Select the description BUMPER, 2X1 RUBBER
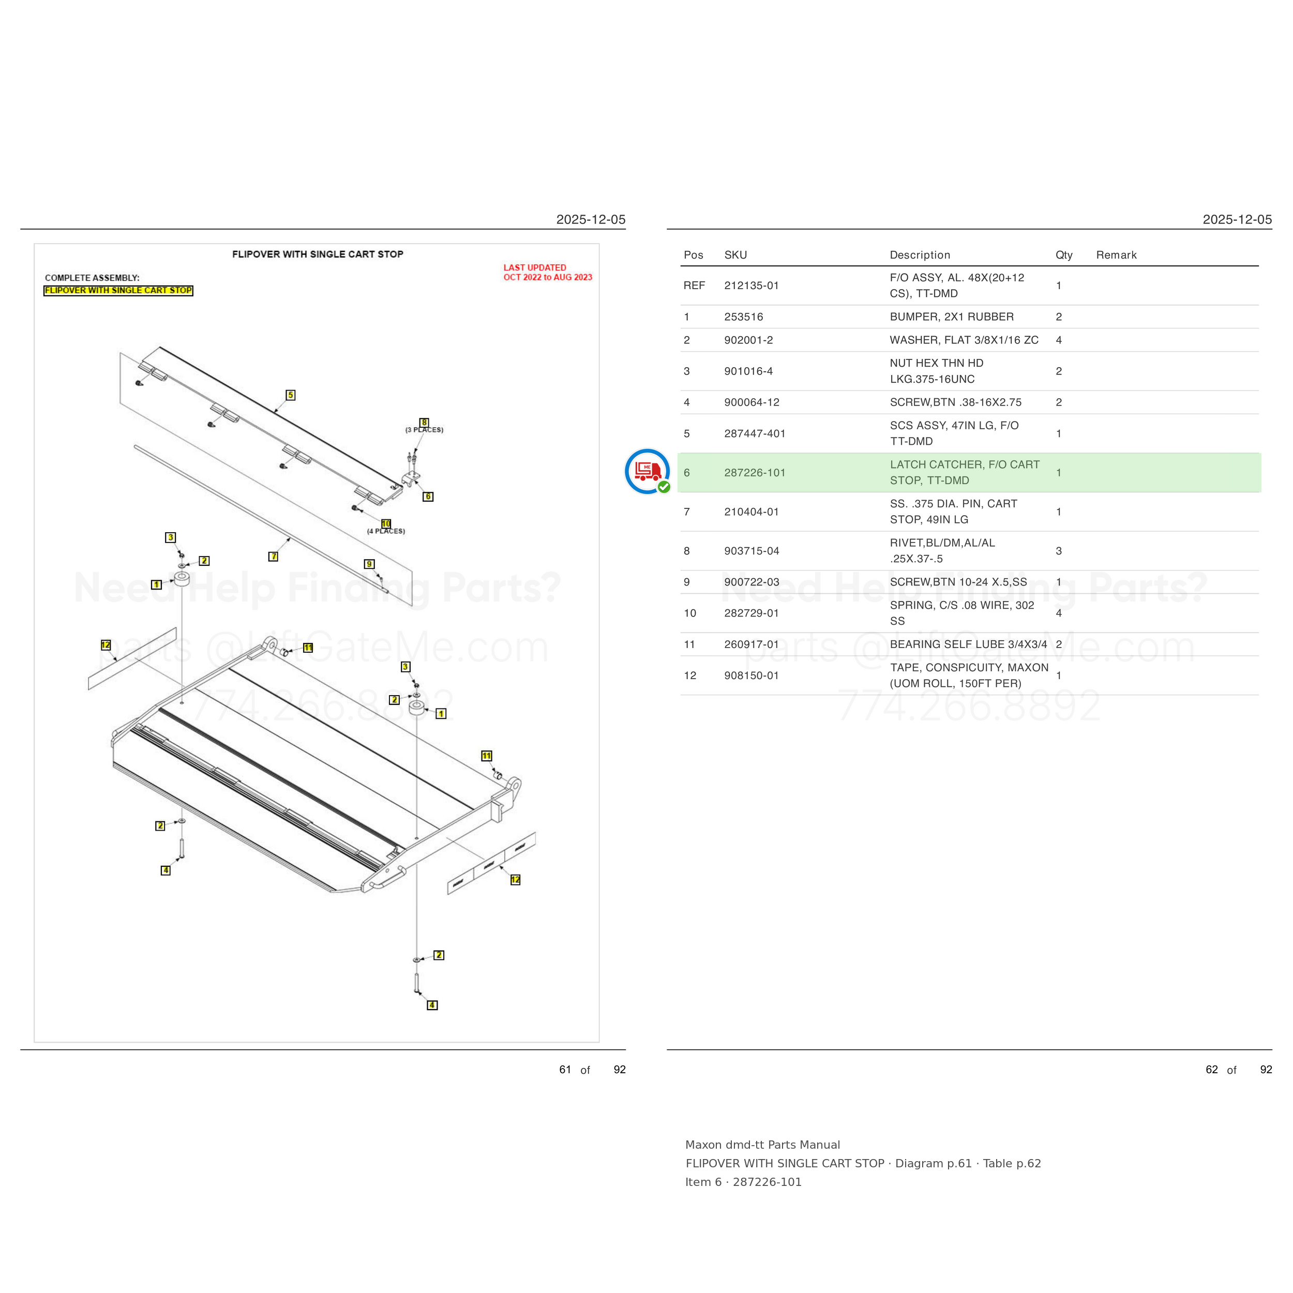[951, 317]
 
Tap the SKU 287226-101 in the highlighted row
[754, 473]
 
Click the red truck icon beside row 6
[647, 471]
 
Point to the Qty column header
[1063, 255]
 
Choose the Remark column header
[1116, 255]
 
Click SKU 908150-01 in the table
[751, 675]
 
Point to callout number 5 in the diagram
[291, 395]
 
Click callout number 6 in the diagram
[428, 497]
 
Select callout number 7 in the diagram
[273, 556]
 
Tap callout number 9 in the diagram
[369, 564]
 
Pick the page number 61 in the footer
[565, 1070]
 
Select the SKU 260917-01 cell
[751, 644]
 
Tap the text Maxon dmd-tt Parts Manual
[762, 1145]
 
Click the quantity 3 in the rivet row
[1059, 551]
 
